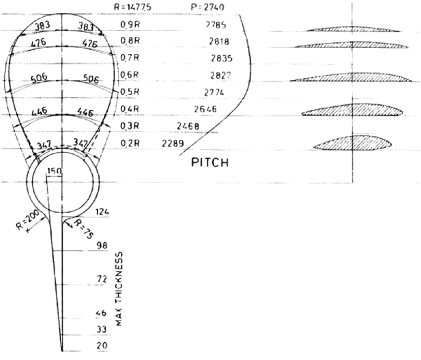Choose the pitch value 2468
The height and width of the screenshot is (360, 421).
click(x=187, y=127)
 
